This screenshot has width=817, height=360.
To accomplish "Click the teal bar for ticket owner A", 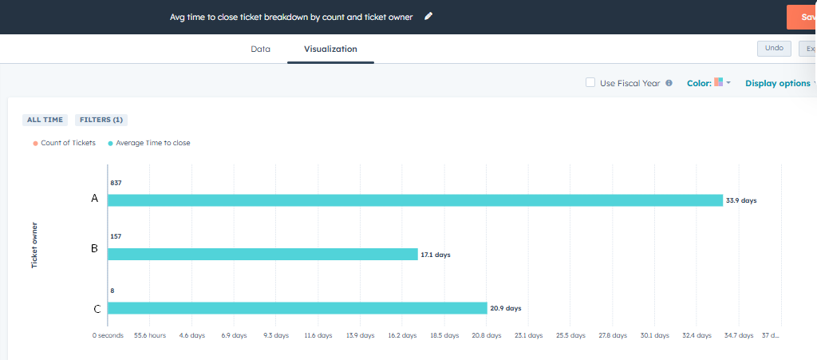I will pos(415,200).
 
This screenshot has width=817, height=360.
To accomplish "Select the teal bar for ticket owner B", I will pos(262,255).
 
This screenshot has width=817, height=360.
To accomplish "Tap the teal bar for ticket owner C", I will pos(297,308).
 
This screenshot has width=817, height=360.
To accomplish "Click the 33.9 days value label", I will pos(740,200).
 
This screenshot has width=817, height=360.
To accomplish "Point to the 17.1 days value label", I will pos(436,255).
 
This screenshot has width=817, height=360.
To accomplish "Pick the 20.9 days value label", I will pos(505,308).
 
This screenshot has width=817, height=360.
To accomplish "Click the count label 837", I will pos(116,184).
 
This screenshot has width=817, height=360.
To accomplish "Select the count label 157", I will pos(116,237).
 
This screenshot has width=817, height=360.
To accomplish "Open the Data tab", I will pos(260,49).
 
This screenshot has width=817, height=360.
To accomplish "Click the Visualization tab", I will pos(330,49).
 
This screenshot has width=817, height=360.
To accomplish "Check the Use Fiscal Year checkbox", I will pos(590,82).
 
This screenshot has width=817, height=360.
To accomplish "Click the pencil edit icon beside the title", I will pos(428,16).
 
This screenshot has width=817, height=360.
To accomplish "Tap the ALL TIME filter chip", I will pos(45,120).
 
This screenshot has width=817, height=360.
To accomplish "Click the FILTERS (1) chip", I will pos(101,120).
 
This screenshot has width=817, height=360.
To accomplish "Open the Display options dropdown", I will pos(779,83).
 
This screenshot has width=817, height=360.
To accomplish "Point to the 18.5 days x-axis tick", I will pos(444,335).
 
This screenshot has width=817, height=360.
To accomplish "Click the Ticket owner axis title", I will pos(34,245).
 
